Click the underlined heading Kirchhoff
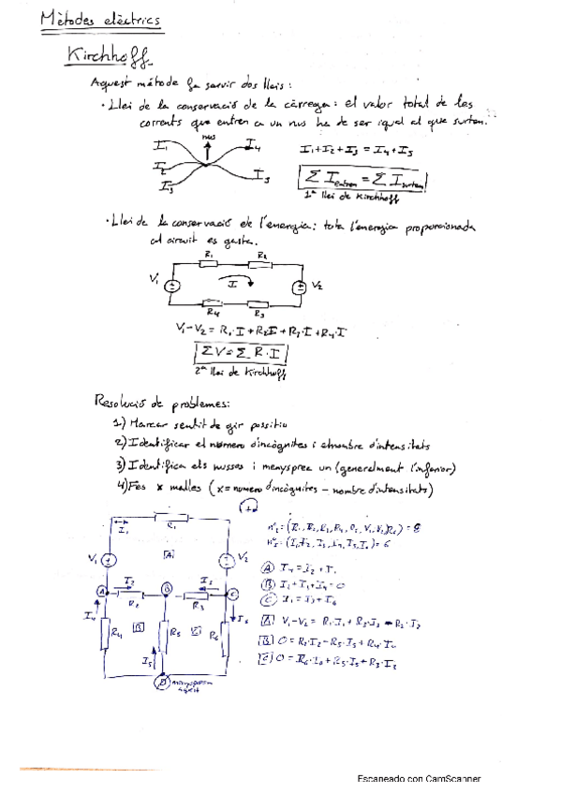tap(109, 55)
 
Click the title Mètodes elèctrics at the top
tap(101, 20)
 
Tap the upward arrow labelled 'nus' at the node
tap(208, 147)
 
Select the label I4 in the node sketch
tap(253, 143)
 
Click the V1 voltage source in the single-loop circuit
tap(171, 287)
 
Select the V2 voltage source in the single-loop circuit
tap(299, 287)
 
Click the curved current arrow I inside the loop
tap(236, 281)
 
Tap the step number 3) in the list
tap(120, 464)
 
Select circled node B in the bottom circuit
tap(167, 589)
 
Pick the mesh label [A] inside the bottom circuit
tap(169, 555)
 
